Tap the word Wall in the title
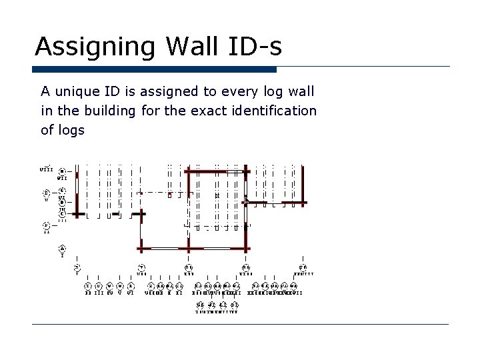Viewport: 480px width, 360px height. coord(185,47)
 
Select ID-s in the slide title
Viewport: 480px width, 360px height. coord(253,47)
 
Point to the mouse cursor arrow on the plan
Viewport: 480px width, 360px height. coord(247,200)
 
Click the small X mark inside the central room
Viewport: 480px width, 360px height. coord(217,195)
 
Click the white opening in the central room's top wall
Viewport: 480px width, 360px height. coord(234,171)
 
